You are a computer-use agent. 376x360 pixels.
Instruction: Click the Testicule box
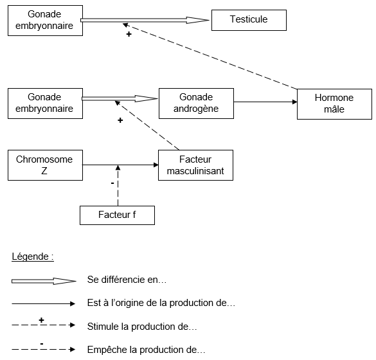[x=249, y=20]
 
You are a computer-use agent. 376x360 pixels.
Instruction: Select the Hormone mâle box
[x=334, y=104]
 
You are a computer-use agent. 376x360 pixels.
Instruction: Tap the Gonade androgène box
[x=196, y=104]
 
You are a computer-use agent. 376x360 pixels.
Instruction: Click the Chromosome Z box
[x=46, y=165]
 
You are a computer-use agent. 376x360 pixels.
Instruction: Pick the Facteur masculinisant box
[x=195, y=165]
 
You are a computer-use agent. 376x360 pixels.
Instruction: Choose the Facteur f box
[x=117, y=215]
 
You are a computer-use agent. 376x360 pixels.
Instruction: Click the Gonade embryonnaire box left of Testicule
[x=46, y=21]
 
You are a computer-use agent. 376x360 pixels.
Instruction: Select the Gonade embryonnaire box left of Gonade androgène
[x=46, y=104]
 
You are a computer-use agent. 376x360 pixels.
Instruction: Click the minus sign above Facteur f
[x=112, y=183]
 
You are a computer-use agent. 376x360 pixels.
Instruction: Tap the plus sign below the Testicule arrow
[x=129, y=34]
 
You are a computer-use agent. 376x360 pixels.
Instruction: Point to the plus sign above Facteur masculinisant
[x=120, y=120]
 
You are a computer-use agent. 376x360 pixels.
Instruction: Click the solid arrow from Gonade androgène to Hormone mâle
[x=265, y=102]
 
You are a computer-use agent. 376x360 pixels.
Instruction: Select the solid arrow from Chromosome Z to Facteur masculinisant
[x=120, y=165]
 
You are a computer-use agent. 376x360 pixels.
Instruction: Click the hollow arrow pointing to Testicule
[x=145, y=21]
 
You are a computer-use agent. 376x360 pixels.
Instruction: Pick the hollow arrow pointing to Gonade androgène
[x=120, y=98]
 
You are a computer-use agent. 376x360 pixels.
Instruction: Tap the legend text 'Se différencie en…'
[x=127, y=280]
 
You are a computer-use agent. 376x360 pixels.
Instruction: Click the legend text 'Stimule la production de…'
[x=142, y=327]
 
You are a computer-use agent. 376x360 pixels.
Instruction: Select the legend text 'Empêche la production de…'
[x=147, y=350]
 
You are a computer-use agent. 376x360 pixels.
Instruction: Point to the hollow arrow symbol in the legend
[x=44, y=281]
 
